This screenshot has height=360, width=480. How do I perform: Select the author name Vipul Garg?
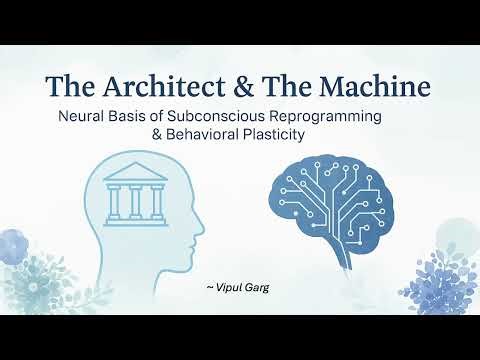(241, 288)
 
